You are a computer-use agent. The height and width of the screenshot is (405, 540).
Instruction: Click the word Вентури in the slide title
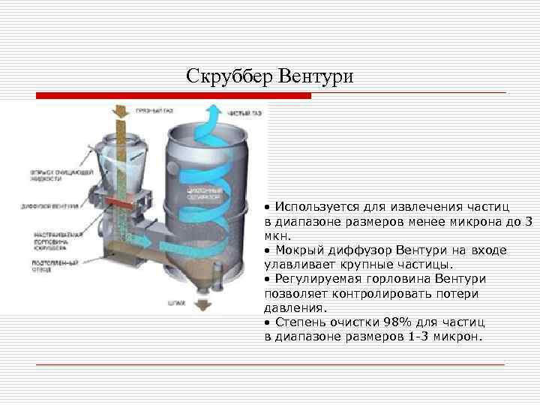tap(314, 76)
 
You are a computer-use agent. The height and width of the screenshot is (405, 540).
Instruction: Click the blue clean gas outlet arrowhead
tap(213, 112)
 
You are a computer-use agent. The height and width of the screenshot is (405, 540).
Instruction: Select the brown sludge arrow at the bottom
tap(201, 304)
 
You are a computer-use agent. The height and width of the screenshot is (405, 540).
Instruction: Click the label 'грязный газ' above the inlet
tap(154, 109)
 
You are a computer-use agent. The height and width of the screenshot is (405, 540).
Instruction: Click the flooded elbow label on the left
tap(52, 265)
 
